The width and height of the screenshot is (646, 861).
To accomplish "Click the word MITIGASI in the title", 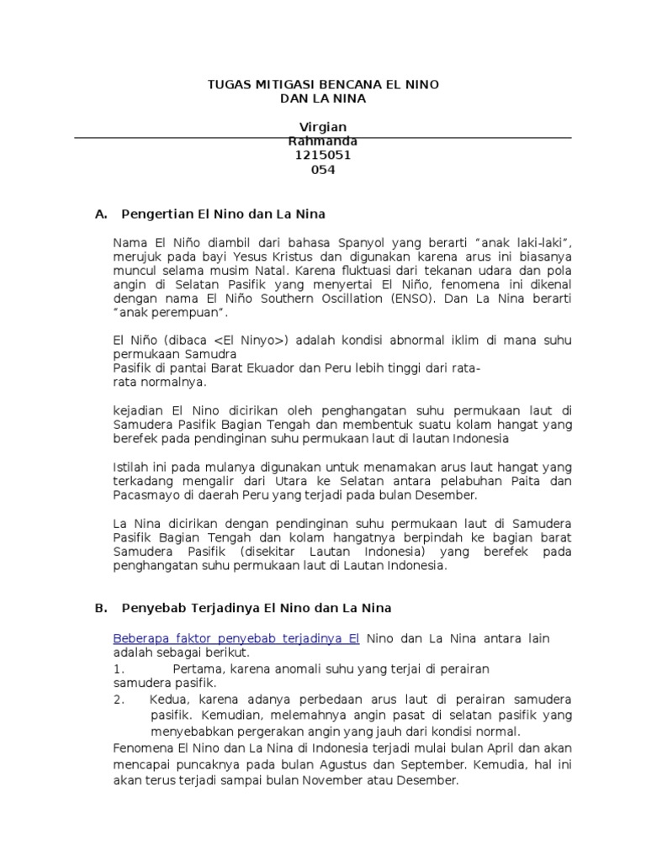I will pos(279,86).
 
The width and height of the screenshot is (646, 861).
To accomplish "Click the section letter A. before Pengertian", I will pos(102,214).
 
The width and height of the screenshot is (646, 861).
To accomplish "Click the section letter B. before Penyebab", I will pos(102,607).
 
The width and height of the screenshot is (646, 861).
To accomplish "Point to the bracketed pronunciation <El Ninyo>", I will pos(252,341).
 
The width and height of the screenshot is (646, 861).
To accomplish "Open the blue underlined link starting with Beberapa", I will pos(236,638).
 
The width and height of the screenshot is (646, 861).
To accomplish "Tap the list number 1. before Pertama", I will pos(119,668).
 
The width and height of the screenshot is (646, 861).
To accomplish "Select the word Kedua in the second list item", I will pos(169,700).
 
